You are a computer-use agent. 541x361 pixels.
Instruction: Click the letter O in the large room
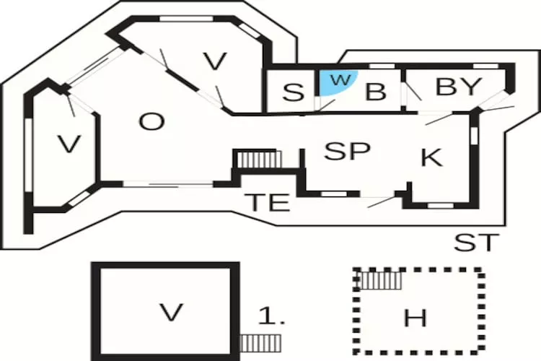pyautogui.click(x=151, y=122)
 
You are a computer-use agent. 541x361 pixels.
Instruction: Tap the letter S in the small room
pyautogui.click(x=292, y=93)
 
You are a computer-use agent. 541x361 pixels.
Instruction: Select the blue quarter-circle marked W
pyautogui.click(x=333, y=82)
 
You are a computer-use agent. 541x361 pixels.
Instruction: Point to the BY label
pyautogui.click(x=458, y=87)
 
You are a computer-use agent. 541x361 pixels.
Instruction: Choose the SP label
pyautogui.click(x=347, y=152)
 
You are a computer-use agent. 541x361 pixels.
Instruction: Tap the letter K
pyautogui.click(x=431, y=158)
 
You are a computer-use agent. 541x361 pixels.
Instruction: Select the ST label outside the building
pyautogui.click(x=476, y=243)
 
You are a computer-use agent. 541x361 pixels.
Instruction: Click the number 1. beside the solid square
pyautogui.click(x=272, y=316)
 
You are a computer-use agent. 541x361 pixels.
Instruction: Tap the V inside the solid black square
pyautogui.click(x=170, y=313)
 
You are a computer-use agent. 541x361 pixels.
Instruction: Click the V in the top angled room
pyautogui.click(x=214, y=62)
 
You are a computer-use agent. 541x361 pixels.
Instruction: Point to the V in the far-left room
pyautogui.click(x=69, y=144)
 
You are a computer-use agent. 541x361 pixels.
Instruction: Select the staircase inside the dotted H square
pyautogui.click(x=380, y=279)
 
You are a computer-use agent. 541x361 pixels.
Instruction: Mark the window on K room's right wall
pyautogui.click(x=475, y=134)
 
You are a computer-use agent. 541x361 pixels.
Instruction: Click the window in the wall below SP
pyautogui.click(x=330, y=193)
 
